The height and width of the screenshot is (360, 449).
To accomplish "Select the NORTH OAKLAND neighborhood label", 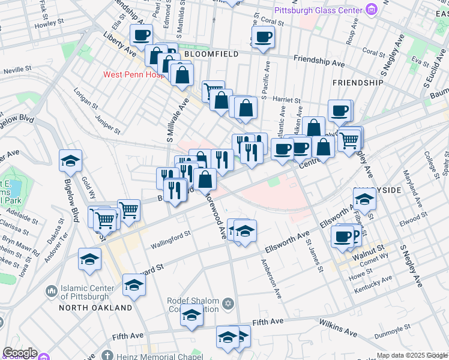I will (95, 308).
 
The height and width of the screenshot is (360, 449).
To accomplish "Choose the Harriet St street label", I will (284, 100).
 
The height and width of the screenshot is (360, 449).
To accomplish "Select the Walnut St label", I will (372, 248).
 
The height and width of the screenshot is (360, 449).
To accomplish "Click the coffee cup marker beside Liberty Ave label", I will (141, 35).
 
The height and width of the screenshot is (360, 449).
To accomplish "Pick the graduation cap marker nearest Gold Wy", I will (70, 160).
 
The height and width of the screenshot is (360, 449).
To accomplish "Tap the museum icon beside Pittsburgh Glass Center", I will (372, 10).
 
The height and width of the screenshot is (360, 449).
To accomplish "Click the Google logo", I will (19, 353).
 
